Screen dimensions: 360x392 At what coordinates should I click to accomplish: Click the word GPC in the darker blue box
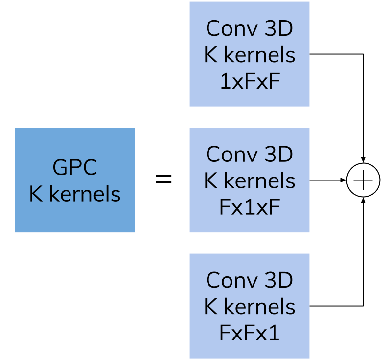pos(75,168)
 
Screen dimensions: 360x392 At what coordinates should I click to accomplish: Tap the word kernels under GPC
pos(85,194)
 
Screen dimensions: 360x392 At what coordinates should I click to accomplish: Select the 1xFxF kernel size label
pos(250,82)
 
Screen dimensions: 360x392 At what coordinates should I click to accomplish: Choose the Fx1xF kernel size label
pos(250,207)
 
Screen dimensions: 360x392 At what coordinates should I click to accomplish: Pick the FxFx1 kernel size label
pos(250,333)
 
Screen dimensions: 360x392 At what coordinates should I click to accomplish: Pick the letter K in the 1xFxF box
pos(210,55)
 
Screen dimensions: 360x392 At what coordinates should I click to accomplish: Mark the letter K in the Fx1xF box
pos(210,181)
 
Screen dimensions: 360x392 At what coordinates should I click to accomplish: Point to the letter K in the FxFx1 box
pos(210,307)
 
